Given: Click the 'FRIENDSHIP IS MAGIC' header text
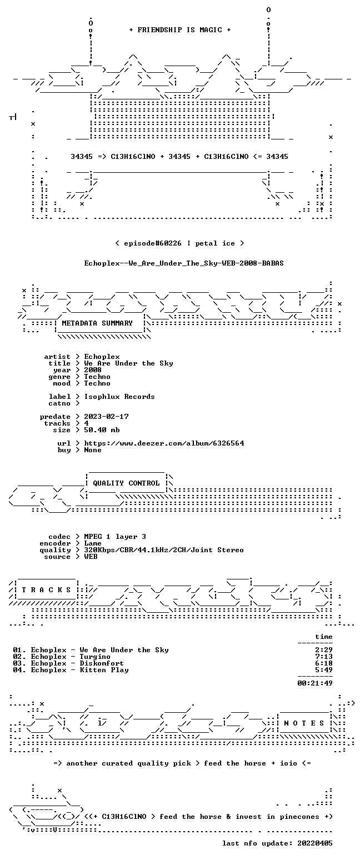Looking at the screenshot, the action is (x=180, y=30).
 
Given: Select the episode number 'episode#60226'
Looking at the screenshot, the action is (x=152, y=243).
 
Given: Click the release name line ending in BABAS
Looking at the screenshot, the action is (x=184, y=263).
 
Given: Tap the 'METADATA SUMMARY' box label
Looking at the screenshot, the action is (x=97, y=323).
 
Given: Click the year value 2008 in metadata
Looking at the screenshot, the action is (x=93, y=370).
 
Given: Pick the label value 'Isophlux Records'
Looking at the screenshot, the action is (x=119, y=397).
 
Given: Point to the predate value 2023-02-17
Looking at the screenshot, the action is (x=106, y=417).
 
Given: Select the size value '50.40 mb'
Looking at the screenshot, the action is (x=102, y=430).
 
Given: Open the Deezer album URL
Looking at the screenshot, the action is (x=164, y=443).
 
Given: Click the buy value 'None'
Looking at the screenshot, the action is (x=93, y=450).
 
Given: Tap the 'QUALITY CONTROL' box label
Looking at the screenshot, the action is (x=126, y=483).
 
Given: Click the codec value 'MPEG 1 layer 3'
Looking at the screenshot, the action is (x=115, y=537).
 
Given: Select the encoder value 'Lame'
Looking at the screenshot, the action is (x=93, y=543).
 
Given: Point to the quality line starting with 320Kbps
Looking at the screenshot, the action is (x=164, y=550).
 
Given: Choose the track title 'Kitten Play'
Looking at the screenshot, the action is (x=104, y=670).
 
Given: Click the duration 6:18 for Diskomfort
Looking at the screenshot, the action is (x=324, y=663).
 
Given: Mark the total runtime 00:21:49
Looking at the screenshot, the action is (x=315, y=683).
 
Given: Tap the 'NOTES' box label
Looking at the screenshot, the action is (x=304, y=723).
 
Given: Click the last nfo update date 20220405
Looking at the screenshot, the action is (x=315, y=843).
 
